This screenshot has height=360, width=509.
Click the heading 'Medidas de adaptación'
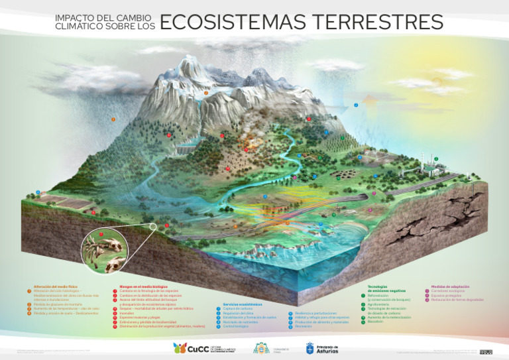coord(451,286)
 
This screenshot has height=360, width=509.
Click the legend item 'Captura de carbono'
coord(235,309)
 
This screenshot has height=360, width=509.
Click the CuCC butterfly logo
coord(179,348)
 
